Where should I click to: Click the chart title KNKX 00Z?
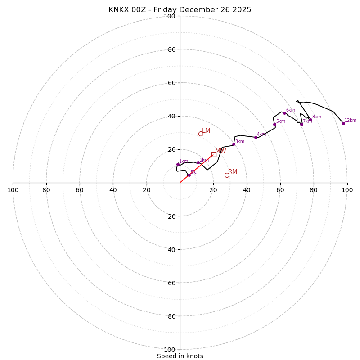(x=180, y=10)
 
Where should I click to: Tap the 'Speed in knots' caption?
(x=180, y=356)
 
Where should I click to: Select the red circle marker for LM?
(x=201, y=134)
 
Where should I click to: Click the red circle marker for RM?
(x=227, y=175)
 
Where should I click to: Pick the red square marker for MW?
(x=214, y=154)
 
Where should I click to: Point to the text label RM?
(x=233, y=172)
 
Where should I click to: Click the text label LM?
(x=206, y=131)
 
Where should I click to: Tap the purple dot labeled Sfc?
(x=189, y=175)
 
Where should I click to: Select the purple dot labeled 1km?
(x=178, y=164)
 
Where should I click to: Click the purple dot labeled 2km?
(x=198, y=162)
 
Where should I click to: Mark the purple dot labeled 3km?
(x=234, y=144)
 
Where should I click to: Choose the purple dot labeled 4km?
(x=256, y=137)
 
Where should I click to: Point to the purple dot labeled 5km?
(x=274, y=124)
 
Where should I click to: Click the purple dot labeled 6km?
(x=284, y=113)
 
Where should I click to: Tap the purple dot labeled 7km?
(x=301, y=124)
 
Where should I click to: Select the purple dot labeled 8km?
(x=310, y=120)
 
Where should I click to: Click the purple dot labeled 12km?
(x=343, y=123)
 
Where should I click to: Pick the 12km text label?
(x=351, y=121)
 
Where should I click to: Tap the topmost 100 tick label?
(x=170, y=16)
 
